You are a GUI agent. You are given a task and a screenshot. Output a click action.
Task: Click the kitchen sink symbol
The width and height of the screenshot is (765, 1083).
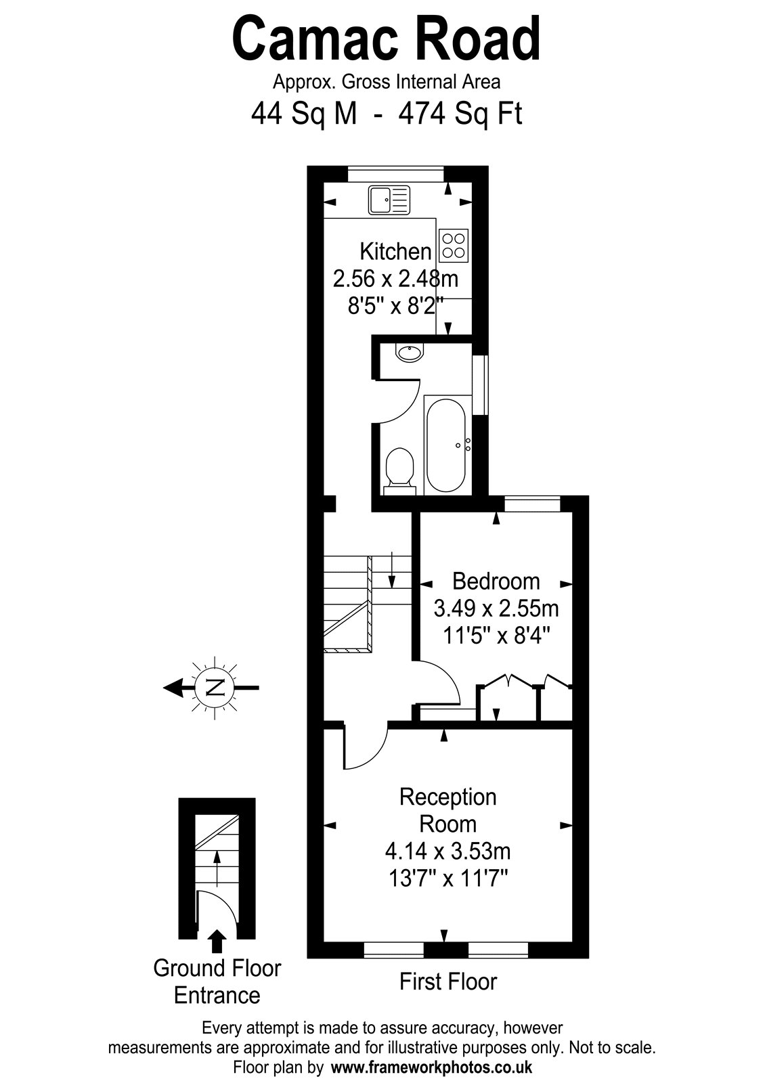(x=389, y=200)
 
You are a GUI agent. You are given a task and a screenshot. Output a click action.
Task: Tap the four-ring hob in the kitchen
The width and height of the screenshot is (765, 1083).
(x=454, y=245)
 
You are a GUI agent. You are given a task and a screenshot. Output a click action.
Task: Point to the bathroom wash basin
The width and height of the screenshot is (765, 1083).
(x=409, y=352)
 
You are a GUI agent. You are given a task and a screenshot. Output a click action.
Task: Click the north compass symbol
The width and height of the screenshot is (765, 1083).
(x=215, y=686)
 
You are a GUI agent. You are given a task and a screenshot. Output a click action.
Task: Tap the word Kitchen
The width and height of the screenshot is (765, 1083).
(x=395, y=251)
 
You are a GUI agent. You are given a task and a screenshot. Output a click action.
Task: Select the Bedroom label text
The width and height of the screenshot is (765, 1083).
(x=496, y=581)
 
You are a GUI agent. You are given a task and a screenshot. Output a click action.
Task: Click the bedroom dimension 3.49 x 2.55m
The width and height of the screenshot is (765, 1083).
(x=496, y=609)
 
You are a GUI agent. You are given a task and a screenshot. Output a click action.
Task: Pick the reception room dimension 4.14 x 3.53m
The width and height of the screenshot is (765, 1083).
(x=447, y=864)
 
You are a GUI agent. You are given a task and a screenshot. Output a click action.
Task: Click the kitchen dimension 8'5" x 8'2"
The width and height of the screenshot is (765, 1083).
(x=396, y=305)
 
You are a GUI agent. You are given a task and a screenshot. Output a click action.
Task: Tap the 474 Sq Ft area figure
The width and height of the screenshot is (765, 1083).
(x=460, y=114)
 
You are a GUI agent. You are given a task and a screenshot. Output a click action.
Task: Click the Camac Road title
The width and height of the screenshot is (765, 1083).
(x=386, y=40)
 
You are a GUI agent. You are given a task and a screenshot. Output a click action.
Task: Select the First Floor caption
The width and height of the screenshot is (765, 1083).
(x=448, y=982)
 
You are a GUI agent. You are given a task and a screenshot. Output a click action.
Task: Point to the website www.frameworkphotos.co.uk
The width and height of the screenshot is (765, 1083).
(x=431, y=1067)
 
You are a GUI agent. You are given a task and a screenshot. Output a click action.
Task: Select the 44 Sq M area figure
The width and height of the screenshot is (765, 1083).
(x=304, y=114)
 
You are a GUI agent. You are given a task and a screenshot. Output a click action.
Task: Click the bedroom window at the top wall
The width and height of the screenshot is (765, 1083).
(x=532, y=504)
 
